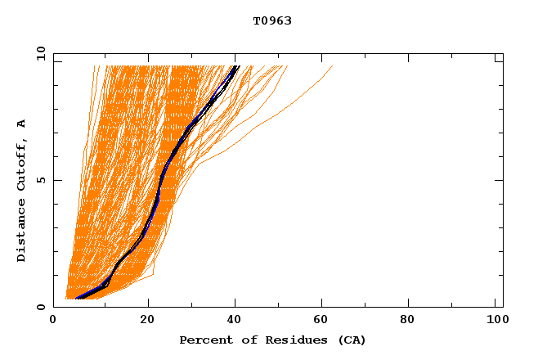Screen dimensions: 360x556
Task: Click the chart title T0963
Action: pos(272,20)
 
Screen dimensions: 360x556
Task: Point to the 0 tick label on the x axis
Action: pos(53,321)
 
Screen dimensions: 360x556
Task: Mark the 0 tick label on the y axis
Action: pos(40,307)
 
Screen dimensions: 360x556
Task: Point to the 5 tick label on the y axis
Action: pos(40,180)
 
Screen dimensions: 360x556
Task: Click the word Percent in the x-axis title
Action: pos(203,340)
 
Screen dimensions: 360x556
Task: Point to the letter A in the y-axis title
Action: pos(22,124)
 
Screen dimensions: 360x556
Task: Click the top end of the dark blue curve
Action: pos(236,66)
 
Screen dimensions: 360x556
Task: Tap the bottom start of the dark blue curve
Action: pos(77,298)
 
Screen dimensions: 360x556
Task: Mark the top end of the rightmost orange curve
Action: pos(333,66)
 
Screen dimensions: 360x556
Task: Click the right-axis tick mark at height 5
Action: pos(499,180)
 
